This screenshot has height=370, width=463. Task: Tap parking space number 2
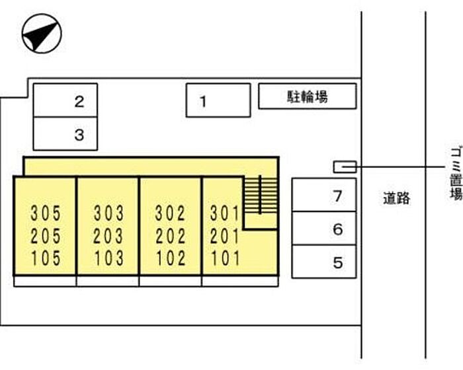point(65,101)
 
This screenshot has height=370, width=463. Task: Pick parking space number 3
point(65,135)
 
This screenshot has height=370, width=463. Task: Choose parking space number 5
point(324,262)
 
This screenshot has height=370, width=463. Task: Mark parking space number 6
point(324,229)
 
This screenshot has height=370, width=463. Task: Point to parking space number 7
point(324,196)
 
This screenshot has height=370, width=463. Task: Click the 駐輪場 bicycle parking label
point(308,97)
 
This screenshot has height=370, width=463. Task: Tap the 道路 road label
point(396,198)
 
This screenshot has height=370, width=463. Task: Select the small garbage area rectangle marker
point(345,166)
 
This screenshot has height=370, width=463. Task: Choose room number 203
point(108,235)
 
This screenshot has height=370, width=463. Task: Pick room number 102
point(171,258)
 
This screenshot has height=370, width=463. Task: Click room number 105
point(46,258)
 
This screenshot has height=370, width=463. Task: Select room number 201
point(224,235)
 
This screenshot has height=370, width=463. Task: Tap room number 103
point(108,258)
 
